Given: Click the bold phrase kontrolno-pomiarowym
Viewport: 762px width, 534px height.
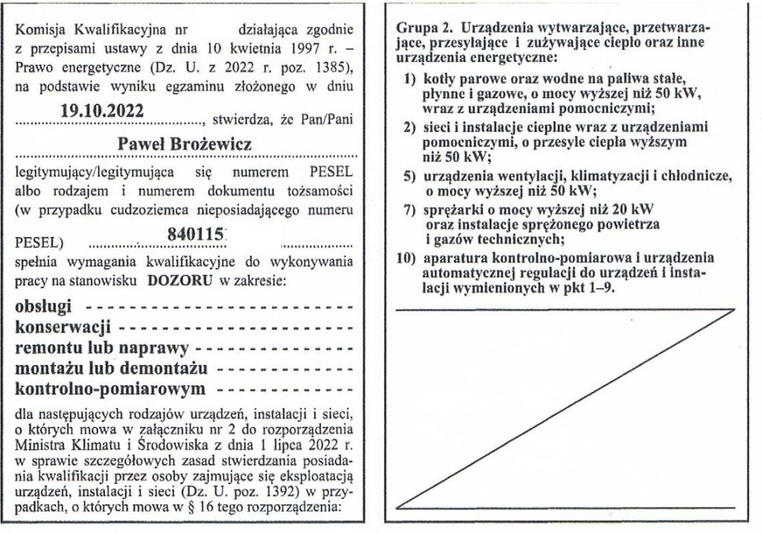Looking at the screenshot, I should click(x=109, y=389).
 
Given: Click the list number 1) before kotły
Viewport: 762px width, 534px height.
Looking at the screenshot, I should click(x=409, y=77).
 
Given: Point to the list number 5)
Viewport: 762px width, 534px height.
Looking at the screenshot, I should click(x=409, y=178).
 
